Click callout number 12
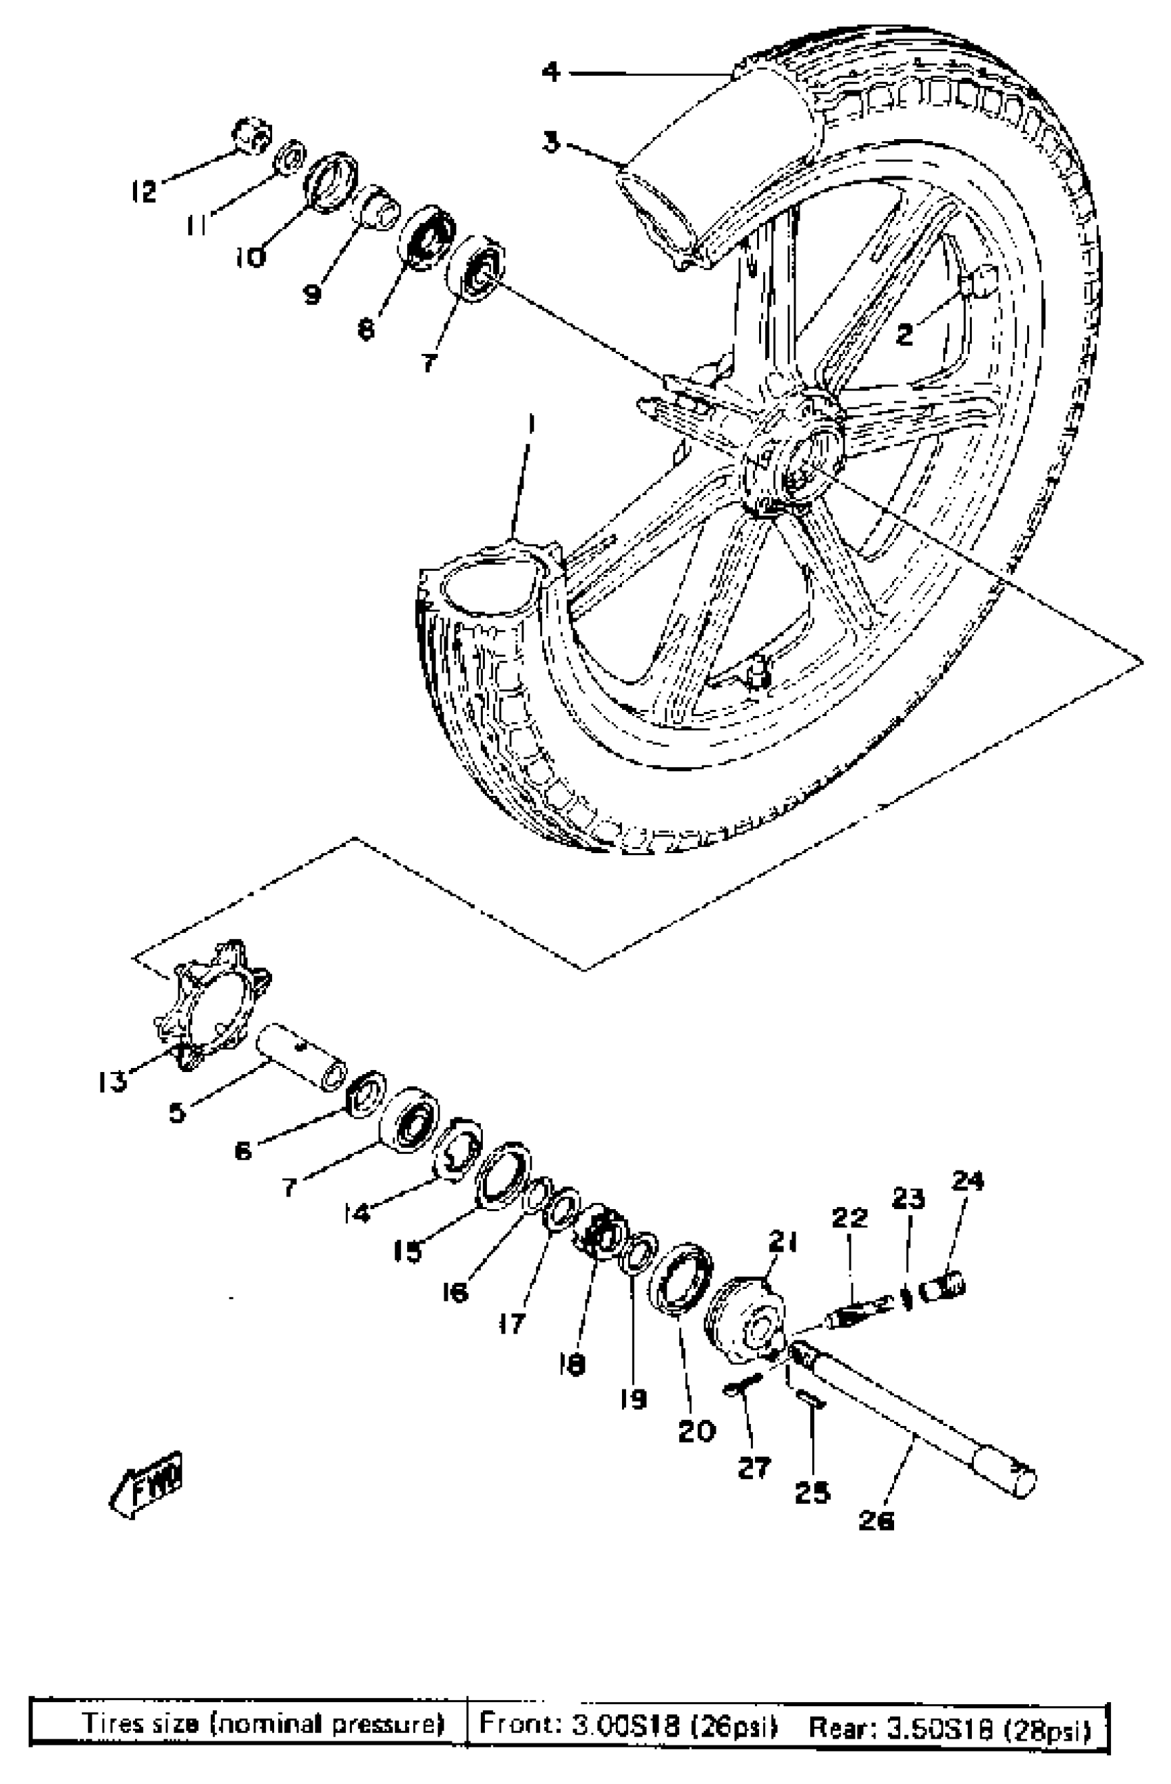point(143,191)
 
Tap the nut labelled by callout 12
point(253,135)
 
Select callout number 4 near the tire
point(551,72)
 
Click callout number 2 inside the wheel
point(905,333)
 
